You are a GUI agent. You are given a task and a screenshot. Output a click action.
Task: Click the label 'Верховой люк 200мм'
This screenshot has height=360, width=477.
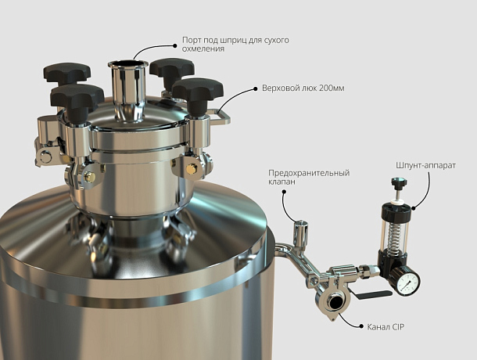(303, 88)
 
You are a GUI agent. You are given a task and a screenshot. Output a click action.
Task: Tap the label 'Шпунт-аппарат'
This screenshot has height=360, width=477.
(426, 165)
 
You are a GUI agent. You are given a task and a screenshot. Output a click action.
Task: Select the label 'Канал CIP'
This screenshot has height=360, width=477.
(386, 327)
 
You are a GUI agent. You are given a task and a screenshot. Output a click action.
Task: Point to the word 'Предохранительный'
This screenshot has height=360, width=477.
(309, 173)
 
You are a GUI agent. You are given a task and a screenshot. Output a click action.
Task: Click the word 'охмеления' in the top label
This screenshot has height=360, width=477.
(203, 49)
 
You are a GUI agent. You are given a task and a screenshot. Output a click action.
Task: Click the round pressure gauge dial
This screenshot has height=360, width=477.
(408, 281)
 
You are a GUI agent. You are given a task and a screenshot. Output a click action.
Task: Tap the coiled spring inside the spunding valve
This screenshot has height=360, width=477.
(394, 234)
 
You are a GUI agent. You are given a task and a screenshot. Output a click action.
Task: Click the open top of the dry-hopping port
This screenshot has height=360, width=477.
(127, 64)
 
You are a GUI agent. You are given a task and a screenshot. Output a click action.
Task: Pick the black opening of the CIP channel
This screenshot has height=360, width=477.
(336, 302)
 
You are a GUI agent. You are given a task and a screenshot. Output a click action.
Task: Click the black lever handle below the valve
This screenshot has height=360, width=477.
(374, 294)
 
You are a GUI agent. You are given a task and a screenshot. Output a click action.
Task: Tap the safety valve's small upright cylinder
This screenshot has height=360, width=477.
(300, 232)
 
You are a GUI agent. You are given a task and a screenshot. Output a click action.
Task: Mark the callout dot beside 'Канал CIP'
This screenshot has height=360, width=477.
(361, 326)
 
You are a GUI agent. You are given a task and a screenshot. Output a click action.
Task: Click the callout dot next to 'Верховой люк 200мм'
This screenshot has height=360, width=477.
(256, 88)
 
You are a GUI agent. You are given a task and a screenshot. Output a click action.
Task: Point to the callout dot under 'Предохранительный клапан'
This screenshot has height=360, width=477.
(284, 192)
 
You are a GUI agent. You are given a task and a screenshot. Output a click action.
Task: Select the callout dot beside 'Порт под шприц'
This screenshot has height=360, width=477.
(175, 45)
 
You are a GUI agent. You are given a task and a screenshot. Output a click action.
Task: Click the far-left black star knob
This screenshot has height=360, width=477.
(67, 73)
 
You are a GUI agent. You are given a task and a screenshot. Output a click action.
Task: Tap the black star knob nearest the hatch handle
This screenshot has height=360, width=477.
(198, 92)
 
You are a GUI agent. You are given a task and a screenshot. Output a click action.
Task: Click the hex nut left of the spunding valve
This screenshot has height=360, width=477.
(365, 271)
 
